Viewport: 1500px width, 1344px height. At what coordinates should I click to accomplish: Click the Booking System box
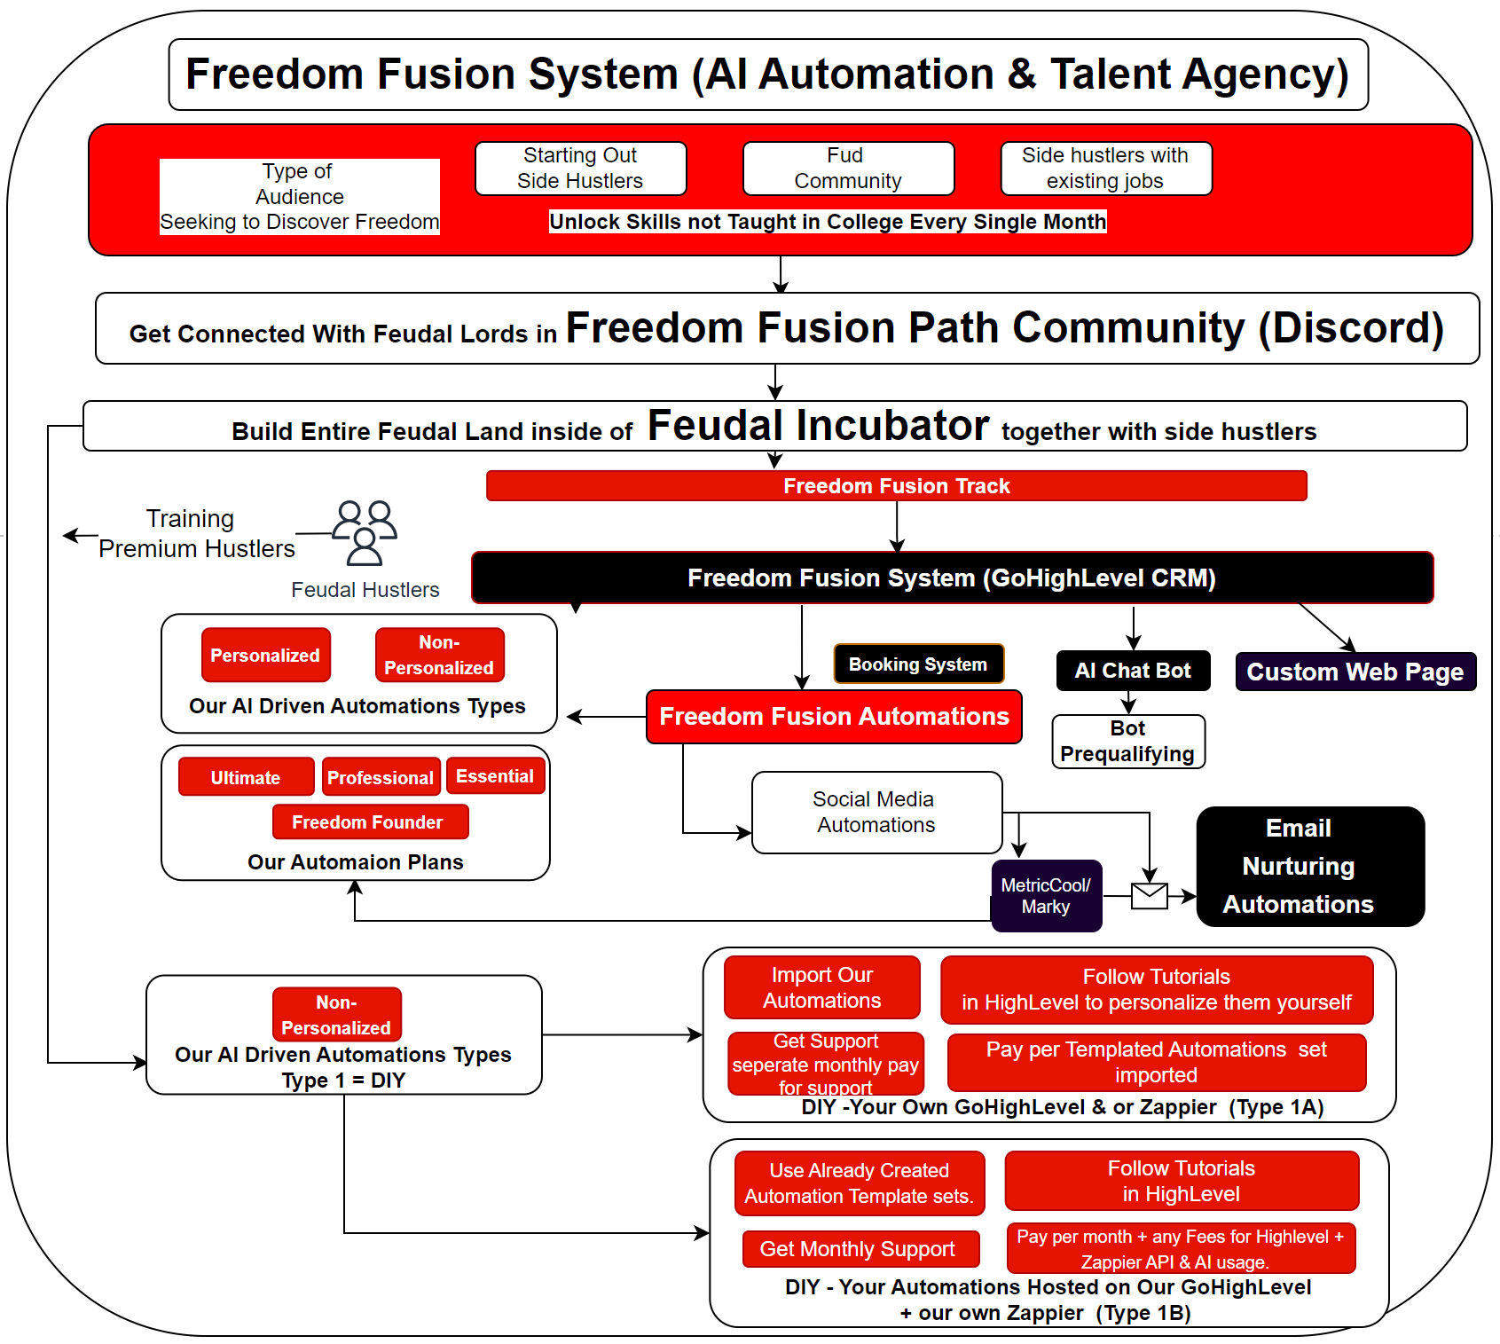click(x=918, y=664)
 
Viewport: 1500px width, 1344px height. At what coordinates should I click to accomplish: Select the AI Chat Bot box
click(x=1133, y=671)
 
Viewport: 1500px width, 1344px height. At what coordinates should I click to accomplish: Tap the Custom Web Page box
click(x=1355, y=672)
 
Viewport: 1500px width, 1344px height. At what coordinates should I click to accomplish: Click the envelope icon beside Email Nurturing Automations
click(x=1150, y=896)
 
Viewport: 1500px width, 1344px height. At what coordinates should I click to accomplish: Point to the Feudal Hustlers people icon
click(x=365, y=532)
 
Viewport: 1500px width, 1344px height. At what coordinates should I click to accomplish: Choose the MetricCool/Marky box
click(x=1046, y=896)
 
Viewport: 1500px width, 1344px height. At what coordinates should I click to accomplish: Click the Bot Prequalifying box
click(x=1127, y=741)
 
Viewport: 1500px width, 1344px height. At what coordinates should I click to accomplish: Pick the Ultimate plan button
click(x=246, y=777)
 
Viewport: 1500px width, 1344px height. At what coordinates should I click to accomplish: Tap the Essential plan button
click(x=494, y=776)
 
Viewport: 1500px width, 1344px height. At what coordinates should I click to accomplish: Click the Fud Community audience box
click(x=847, y=169)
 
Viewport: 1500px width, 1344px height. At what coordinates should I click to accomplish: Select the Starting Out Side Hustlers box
click(x=580, y=169)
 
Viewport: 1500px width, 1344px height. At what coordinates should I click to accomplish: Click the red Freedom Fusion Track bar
click(x=896, y=486)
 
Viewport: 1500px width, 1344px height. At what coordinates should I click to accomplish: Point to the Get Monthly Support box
click(x=859, y=1249)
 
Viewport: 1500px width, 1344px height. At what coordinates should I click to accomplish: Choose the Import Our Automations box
click(x=821, y=987)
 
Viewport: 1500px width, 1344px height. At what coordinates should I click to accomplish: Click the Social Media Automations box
click(x=876, y=813)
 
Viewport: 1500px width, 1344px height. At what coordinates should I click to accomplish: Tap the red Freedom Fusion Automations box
click(x=834, y=717)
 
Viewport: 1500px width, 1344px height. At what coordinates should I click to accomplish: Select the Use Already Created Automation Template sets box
click(x=859, y=1183)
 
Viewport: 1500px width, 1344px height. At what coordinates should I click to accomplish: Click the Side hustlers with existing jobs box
click(x=1105, y=169)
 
